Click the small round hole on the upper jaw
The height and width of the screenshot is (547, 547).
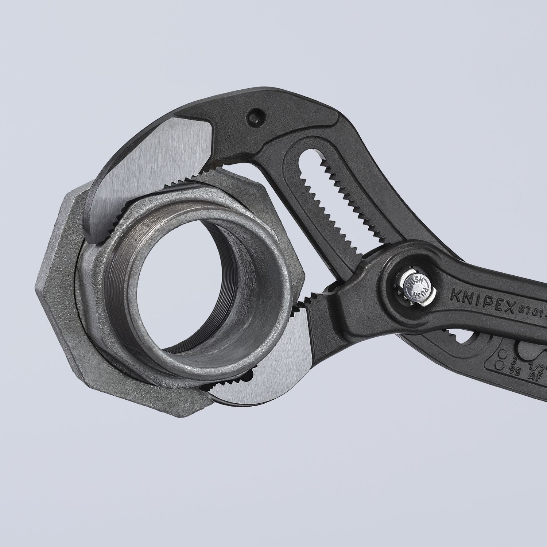pos(253,116)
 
